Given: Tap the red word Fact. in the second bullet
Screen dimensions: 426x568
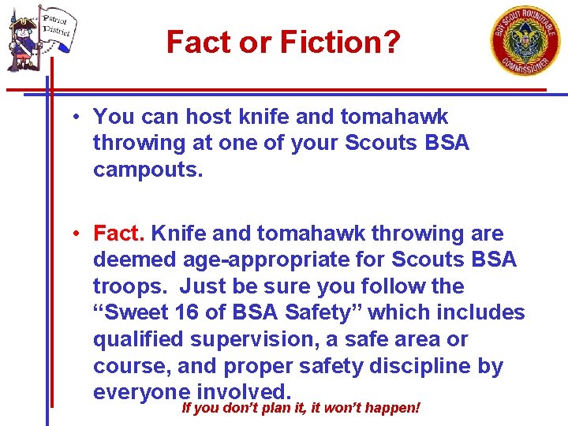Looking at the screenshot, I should (x=119, y=234).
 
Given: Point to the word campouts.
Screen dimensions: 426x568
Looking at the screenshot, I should (x=148, y=170).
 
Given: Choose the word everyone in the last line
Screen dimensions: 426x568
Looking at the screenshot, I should (x=141, y=392).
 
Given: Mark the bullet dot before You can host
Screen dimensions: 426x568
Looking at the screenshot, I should (x=72, y=118).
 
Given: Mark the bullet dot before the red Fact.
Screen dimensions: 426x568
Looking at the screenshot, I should (x=72, y=234).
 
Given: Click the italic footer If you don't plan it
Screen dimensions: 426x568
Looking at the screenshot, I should (x=300, y=408).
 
